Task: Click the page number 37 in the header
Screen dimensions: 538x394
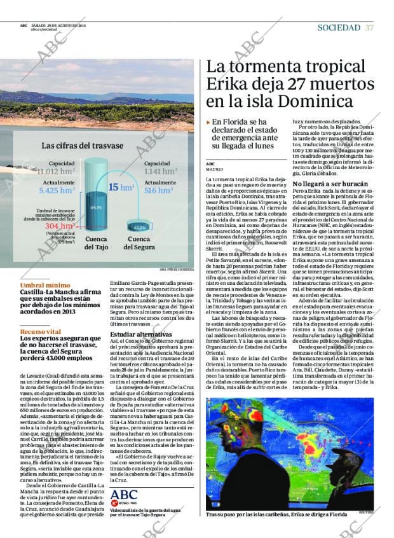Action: point(369,27)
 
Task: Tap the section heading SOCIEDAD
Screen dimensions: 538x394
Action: point(339,27)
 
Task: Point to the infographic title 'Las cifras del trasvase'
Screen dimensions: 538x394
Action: point(83,146)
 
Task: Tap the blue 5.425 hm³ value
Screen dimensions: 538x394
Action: point(57,190)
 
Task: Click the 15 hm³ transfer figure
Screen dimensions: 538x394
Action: point(121,187)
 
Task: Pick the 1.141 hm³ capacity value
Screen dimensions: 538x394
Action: point(160,171)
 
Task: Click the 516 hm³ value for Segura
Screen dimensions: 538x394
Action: point(158,190)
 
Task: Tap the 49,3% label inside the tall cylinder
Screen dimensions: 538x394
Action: point(96,207)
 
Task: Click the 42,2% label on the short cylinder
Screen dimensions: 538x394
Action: point(139,227)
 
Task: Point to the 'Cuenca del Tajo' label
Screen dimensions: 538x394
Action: point(97,243)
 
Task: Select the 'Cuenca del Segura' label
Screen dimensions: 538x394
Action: point(139,243)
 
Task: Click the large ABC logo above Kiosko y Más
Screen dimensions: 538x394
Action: point(124,494)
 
